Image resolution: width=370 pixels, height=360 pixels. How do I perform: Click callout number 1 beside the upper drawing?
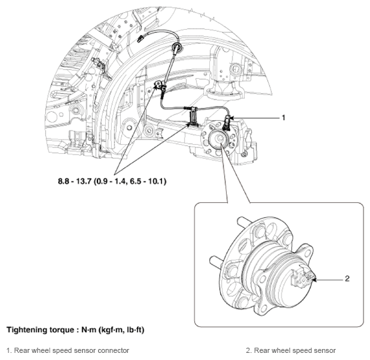(283, 118)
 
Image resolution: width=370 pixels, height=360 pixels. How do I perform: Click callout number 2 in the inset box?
(347, 279)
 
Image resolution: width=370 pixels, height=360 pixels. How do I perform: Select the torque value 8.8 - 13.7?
(74, 182)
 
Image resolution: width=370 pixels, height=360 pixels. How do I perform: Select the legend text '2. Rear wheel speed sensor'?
(291, 350)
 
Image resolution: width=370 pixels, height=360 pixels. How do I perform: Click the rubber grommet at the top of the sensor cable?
(177, 47)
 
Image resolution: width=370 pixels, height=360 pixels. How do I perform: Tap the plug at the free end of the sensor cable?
(140, 38)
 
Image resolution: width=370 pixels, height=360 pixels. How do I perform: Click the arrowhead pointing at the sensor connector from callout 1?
(231, 118)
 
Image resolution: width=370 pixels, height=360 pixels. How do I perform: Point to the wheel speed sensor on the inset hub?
(303, 277)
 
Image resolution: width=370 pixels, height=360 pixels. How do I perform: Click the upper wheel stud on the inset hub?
(243, 220)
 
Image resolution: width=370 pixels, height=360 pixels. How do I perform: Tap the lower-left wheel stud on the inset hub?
(216, 260)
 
